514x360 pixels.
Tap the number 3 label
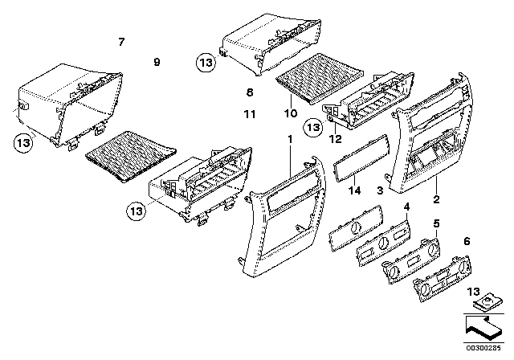(x=378, y=190)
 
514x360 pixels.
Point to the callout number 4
(x=407, y=207)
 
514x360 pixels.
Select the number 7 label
(x=121, y=41)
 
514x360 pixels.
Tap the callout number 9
(x=157, y=62)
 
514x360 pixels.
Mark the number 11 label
(x=250, y=115)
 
